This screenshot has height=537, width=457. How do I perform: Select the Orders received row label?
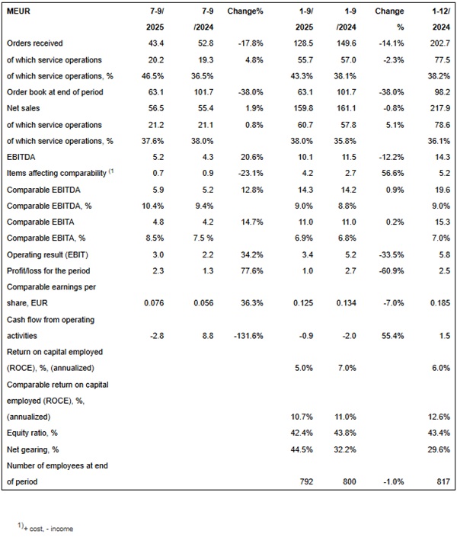coord(34,43)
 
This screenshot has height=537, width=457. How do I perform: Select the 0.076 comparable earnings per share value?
coord(173,303)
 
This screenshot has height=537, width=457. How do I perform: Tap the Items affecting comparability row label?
coord(57,173)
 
